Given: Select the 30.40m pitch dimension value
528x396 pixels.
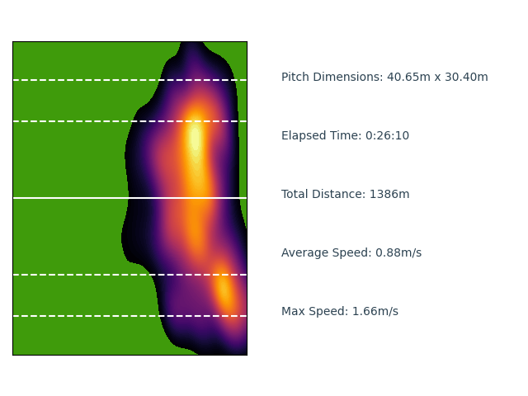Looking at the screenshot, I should tap(465, 78).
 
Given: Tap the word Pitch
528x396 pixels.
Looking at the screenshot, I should tap(295, 78).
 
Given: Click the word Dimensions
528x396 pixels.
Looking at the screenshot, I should tap(348, 78).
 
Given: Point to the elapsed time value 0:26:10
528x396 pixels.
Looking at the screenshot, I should tap(387, 136).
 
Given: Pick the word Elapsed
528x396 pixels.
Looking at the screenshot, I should tap(304, 136).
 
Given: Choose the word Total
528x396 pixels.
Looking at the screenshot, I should tap(296, 195).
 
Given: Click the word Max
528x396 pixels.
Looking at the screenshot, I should tap(294, 312).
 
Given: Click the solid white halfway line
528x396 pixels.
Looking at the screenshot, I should tap(66, 198).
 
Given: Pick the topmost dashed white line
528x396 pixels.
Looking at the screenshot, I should tap(66, 80).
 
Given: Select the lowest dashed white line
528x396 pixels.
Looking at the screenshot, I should tap(66, 316).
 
